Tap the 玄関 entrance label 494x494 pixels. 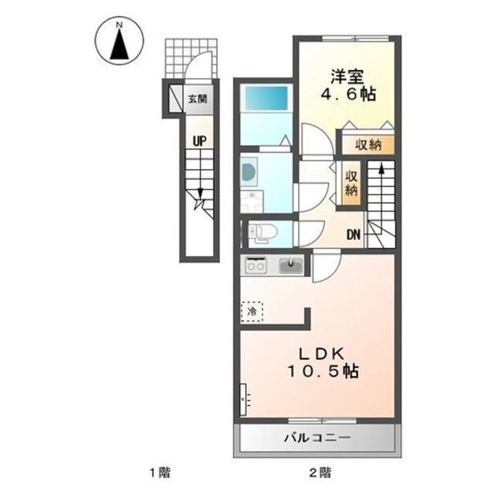click(x=198, y=100)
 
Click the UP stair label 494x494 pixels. click(x=199, y=140)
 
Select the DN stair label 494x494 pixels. click(x=354, y=234)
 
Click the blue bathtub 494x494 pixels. click(x=266, y=98)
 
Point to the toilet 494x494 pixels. click(x=262, y=233)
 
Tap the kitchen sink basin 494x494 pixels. click(x=291, y=265)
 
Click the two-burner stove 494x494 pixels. click(x=255, y=265)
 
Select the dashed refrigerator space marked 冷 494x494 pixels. click(x=252, y=312)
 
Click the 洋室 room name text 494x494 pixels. click(x=347, y=76)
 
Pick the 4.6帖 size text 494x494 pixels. click(x=348, y=94)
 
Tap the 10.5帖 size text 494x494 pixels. click(x=323, y=371)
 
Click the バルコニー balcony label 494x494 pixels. click(x=317, y=438)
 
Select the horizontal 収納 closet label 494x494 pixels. click(x=368, y=145)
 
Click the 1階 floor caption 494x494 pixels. click(x=160, y=472)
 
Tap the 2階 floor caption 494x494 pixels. click(x=320, y=472)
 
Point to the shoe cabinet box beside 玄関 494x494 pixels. click(x=175, y=98)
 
